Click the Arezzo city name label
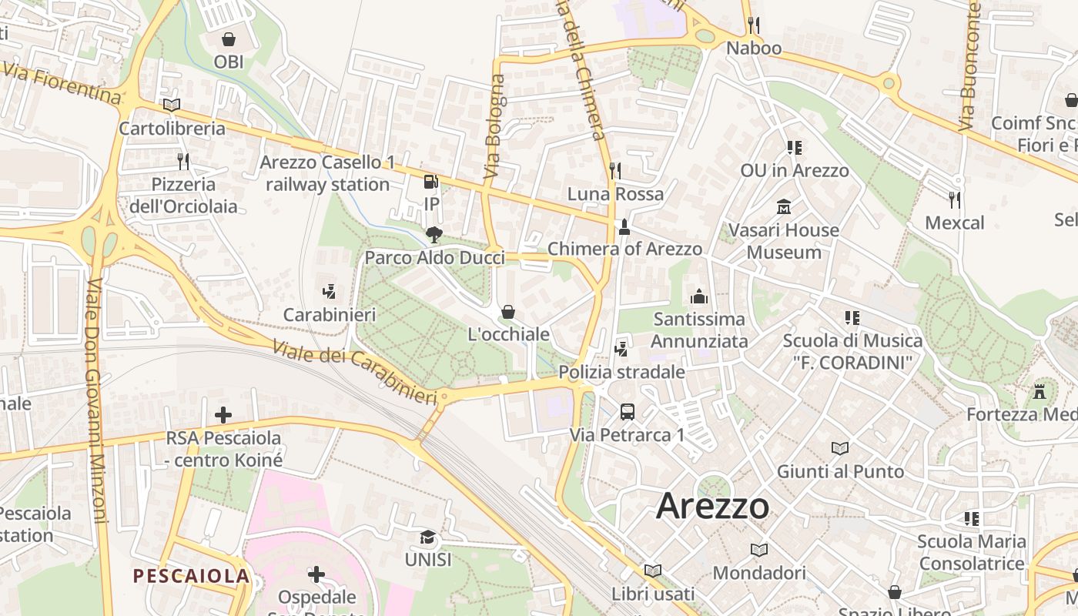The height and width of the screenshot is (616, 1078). pyautogui.click(x=712, y=506)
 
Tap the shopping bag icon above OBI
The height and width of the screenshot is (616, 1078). pyautogui.click(x=229, y=38)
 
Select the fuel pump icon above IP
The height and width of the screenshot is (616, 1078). pyautogui.click(x=431, y=182)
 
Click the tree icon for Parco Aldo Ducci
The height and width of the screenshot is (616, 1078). pyautogui.click(x=434, y=234)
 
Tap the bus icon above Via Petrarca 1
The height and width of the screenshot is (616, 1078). pyautogui.click(x=628, y=411)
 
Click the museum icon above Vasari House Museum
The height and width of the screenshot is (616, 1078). pyautogui.click(x=784, y=207)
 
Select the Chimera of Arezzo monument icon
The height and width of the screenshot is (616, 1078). pyautogui.click(x=624, y=226)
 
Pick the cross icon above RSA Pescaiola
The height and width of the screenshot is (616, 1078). pyautogui.click(x=223, y=415)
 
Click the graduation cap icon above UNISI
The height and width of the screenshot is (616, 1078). pyautogui.click(x=428, y=536)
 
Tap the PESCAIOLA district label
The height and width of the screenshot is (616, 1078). pyautogui.click(x=191, y=576)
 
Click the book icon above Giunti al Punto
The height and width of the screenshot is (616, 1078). pyautogui.click(x=840, y=448)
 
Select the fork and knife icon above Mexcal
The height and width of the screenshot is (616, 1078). pyautogui.click(x=955, y=200)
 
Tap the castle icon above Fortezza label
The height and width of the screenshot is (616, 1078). pyautogui.click(x=1039, y=391)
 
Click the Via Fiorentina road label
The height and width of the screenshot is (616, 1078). pyautogui.click(x=62, y=82)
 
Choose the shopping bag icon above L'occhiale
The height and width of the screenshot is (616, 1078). pyautogui.click(x=508, y=312)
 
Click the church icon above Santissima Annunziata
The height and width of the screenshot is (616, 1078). pyautogui.click(x=699, y=296)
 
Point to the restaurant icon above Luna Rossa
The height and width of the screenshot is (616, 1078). pyautogui.click(x=614, y=170)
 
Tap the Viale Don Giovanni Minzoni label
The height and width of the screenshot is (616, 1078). pyautogui.click(x=96, y=400)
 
